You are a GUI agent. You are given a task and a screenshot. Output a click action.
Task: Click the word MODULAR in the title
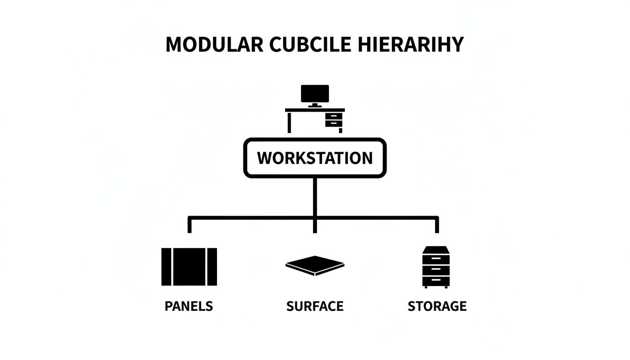[214, 45]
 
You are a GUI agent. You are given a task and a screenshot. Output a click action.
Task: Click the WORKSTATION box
[315, 158]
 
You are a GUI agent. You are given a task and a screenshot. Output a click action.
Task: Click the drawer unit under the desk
[333, 120]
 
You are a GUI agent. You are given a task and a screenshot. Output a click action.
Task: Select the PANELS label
[188, 307]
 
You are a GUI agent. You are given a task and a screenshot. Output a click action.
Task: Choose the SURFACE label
[315, 307]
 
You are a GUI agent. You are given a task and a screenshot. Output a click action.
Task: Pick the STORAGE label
[437, 307]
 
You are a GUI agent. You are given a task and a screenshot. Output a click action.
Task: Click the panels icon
[189, 267]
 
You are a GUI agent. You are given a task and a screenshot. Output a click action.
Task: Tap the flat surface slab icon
[315, 265]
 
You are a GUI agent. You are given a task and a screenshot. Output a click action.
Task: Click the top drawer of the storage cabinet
[436, 258]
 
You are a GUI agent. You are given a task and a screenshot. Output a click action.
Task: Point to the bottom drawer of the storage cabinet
[436, 280]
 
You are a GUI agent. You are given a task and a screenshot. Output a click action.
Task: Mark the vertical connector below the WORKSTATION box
[315, 197]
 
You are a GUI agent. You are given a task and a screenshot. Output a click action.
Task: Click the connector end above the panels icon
[189, 226]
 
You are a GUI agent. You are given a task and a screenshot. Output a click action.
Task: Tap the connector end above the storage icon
[437, 226]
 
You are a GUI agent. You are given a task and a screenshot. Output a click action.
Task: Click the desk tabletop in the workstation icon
[315, 110]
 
